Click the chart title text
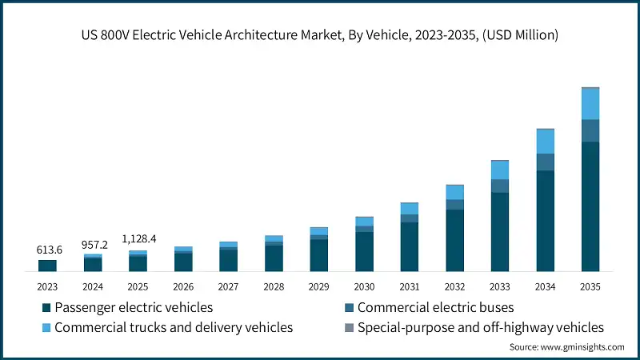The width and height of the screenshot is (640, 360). coord(320,34)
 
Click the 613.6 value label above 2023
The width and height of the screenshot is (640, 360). coord(47,250)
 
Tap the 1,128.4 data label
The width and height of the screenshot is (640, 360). coord(138,239)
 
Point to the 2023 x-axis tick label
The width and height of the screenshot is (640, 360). coord(47,286)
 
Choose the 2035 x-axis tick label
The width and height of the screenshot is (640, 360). coord(590,286)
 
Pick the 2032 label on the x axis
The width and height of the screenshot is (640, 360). coord(454,286)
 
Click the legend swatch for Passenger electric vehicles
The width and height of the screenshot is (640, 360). coord(46,308)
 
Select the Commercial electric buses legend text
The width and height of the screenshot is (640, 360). coord(435,307)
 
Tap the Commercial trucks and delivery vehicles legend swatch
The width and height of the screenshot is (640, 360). coord(46,328)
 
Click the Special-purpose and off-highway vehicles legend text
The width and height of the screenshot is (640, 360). coord(480,327)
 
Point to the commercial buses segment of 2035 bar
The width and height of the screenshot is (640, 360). coord(590,130)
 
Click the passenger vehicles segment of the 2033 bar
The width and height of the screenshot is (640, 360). coord(500,232)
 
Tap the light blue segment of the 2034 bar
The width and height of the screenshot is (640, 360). coord(546,142)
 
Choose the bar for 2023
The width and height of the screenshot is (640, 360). coord(47,266)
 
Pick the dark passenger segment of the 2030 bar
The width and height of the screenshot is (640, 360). coord(364,252)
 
